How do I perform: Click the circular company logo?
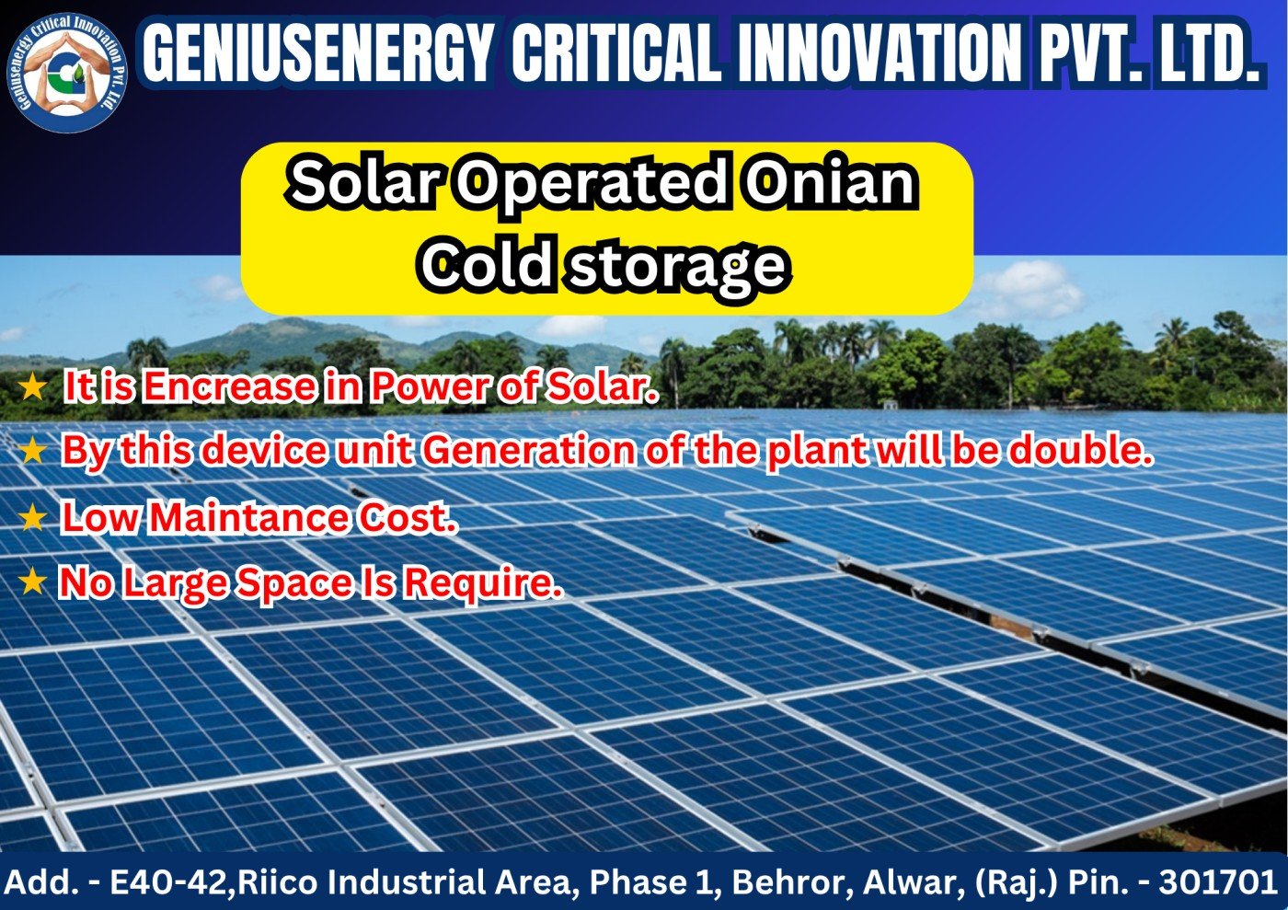pyautogui.click(x=67, y=73)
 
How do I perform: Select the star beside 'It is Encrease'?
pyautogui.click(x=33, y=386)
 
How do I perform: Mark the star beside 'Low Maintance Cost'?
pyautogui.click(x=33, y=517)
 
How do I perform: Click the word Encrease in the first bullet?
pyautogui.click(x=229, y=386)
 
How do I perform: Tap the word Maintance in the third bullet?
pyautogui.click(x=249, y=516)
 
